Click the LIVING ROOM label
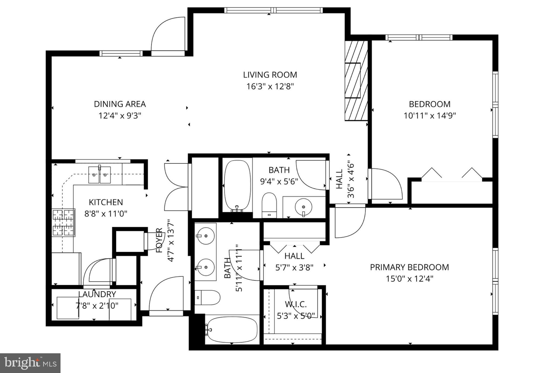click(x=270, y=75)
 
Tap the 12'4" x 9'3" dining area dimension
click(x=120, y=116)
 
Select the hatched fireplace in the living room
click(x=356, y=80)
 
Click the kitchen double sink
click(x=100, y=175)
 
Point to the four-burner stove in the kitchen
click(x=63, y=223)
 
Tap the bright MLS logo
click(x=30, y=363)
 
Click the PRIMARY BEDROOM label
click(x=409, y=267)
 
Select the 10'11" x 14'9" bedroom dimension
click(x=430, y=116)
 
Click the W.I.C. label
click(x=296, y=304)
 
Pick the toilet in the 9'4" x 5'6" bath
click(x=269, y=205)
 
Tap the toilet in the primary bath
click(x=207, y=297)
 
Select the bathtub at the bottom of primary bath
click(x=232, y=330)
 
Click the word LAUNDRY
click(x=97, y=294)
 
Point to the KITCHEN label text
click(x=106, y=202)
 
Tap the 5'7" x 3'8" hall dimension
click(x=294, y=268)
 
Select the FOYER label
click(x=160, y=240)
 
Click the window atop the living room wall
click(x=273, y=11)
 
